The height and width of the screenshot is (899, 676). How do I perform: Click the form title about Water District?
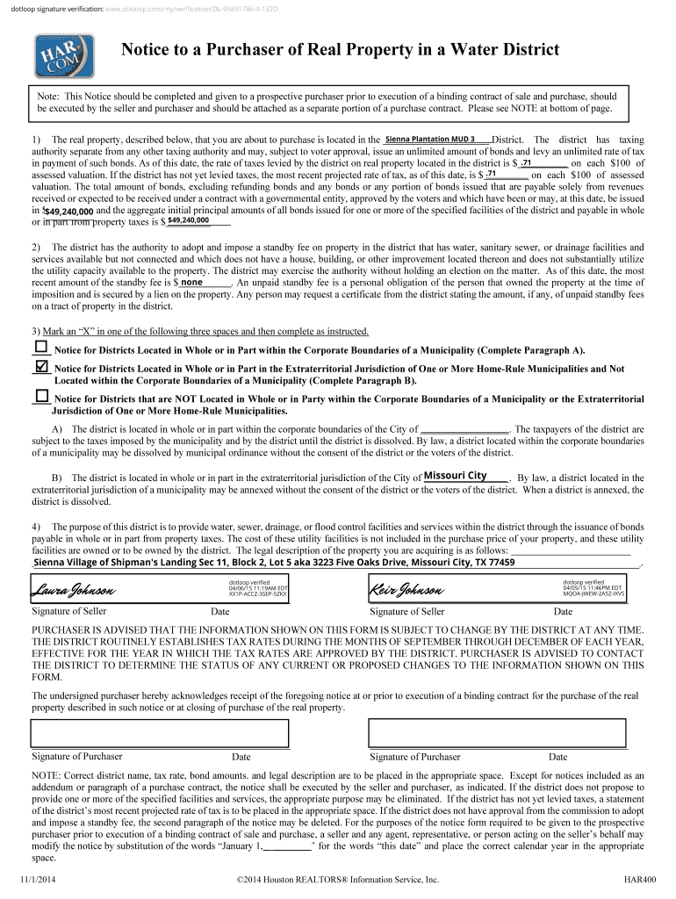point(340,50)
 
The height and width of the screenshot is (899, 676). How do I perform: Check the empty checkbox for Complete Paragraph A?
point(40,349)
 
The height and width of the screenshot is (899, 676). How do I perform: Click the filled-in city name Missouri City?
point(455,476)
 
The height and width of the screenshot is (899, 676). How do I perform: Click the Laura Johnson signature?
point(69,588)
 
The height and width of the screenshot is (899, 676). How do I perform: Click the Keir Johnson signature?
point(406,588)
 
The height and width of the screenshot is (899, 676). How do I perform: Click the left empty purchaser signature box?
point(160,732)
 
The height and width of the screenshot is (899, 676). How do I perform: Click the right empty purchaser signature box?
point(497,732)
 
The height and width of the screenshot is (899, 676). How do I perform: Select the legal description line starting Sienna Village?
point(274,563)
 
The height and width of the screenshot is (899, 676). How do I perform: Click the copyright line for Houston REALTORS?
point(337,879)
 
